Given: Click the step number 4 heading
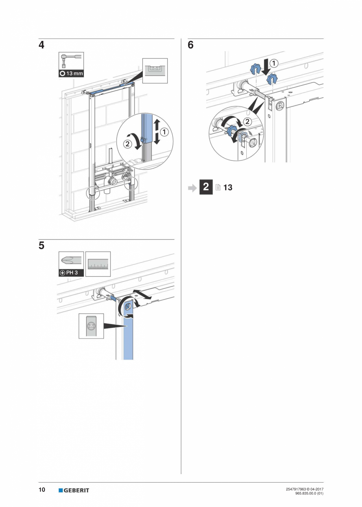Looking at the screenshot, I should [x=41, y=45].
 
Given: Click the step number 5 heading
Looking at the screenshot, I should [x=41, y=246].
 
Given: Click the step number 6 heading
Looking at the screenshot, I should [x=190, y=45].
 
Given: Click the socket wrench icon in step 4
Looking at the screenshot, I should [x=71, y=61].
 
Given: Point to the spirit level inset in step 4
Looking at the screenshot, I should [x=155, y=71].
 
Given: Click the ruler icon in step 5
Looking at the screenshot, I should [x=98, y=264].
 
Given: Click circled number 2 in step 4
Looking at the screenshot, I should [x=128, y=144].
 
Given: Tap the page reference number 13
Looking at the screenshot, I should [x=228, y=187].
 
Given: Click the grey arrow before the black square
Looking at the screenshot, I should [x=192, y=188].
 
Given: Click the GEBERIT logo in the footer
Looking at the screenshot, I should [x=74, y=490].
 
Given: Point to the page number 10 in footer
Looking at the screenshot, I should [x=42, y=490].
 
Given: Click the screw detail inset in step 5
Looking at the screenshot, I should [x=91, y=326].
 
